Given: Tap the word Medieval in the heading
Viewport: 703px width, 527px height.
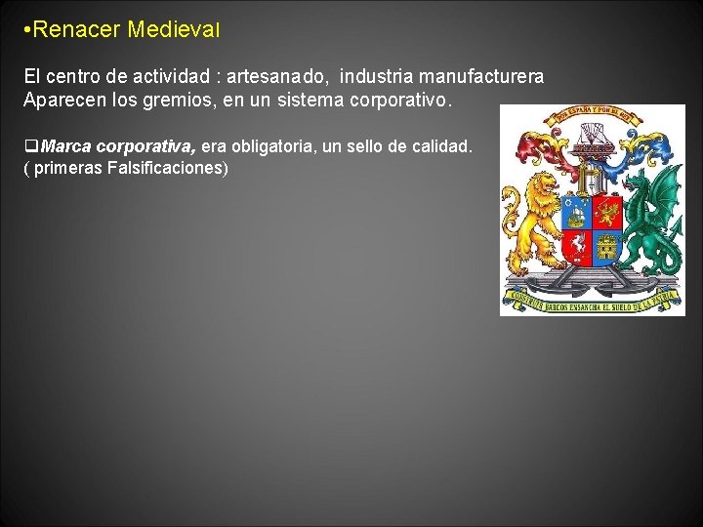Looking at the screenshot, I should [x=174, y=30].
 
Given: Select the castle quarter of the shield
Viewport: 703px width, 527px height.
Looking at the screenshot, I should [x=607, y=248].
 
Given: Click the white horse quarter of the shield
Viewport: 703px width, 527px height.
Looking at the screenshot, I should [x=576, y=248].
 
